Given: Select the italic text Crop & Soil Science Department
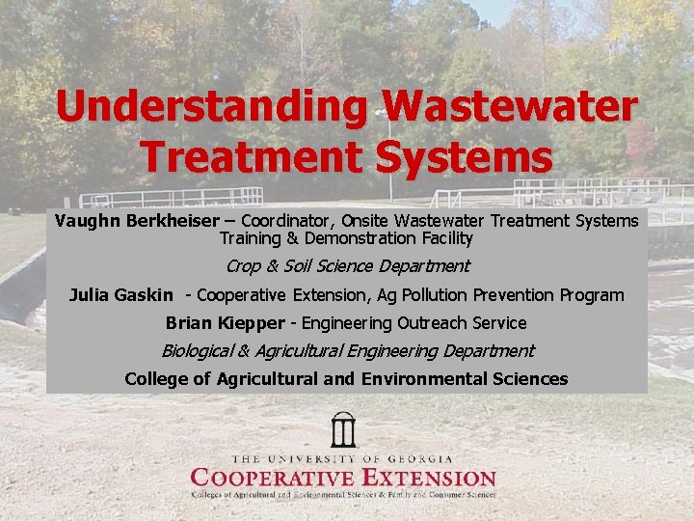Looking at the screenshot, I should (x=347, y=266).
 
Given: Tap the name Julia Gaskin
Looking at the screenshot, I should (x=121, y=295).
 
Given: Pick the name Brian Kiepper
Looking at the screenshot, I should (x=226, y=323).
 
